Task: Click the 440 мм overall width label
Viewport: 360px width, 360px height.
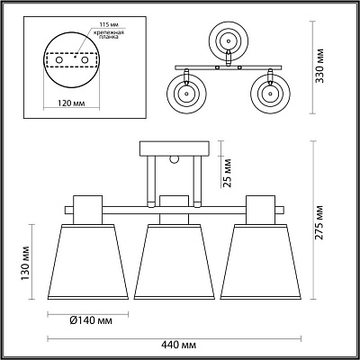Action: point(179,345)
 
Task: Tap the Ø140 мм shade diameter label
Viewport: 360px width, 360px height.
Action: point(91,320)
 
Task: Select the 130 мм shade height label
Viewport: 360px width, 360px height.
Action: point(25,264)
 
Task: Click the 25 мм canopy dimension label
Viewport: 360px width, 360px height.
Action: point(228,173)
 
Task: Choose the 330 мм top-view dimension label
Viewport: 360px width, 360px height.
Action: point(320,65)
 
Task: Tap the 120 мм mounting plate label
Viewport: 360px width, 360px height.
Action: point(71,103)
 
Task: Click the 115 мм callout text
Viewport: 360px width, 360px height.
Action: point(106,24)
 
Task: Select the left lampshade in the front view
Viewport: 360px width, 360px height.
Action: point(88,262)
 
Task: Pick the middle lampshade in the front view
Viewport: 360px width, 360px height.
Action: point(175,262)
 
